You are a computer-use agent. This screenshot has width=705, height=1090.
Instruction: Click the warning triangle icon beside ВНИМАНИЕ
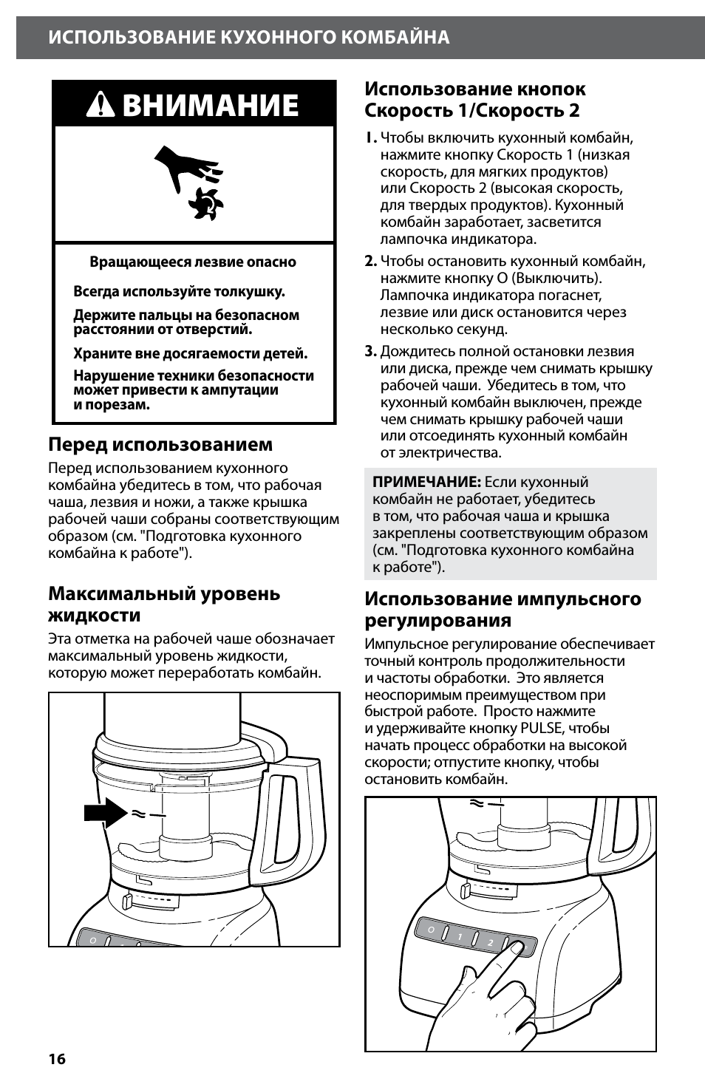(101, 106)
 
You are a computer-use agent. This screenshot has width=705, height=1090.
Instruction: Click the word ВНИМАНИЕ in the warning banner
(211, 106)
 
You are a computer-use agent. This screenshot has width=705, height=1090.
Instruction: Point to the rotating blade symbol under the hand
(206, 202)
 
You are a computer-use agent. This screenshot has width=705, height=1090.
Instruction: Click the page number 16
(57, 1059)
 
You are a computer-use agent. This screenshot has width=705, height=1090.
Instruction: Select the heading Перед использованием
(160, 444)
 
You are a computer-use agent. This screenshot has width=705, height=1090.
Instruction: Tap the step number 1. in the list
(370, 138)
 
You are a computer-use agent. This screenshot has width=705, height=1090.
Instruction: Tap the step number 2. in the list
(370, 261)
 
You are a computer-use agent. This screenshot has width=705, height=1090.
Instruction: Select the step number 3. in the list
(370, 352)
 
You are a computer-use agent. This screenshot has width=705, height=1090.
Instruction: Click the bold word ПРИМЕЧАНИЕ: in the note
(426, 482)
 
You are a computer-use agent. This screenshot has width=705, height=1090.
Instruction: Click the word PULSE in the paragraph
(542, 728)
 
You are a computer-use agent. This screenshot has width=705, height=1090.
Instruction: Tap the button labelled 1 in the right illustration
(460, 936)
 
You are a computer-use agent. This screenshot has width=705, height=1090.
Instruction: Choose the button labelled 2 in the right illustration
(490, 943)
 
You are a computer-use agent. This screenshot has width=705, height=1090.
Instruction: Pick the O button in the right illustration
(430, 930)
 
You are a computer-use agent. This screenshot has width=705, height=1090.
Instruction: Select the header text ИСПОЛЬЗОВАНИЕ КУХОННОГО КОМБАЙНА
(249, 38)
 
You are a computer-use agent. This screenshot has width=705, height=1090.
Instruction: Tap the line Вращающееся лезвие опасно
(193, 262)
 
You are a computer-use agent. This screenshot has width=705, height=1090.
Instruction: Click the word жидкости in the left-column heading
(94, 616)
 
